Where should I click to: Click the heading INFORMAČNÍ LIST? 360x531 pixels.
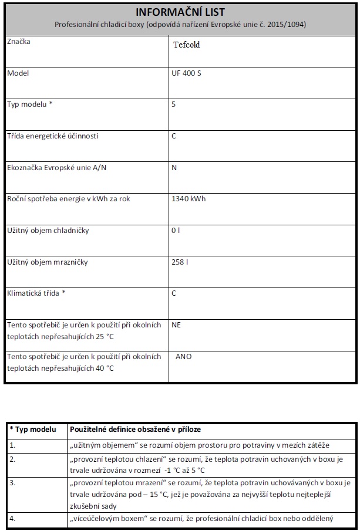click(180, 12)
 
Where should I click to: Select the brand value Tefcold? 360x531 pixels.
click(187, 45)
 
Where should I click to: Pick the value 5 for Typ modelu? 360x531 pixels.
click(174, 104)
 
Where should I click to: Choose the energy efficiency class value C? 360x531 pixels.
click(174, 136)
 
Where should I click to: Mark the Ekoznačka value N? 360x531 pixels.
click(174, 167)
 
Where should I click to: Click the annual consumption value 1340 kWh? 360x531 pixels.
click(189, 199)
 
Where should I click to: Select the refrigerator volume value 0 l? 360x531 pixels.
click(176, 231)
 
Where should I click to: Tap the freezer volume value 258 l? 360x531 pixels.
click(180, 262)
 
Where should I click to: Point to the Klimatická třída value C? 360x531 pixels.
click(174, 293)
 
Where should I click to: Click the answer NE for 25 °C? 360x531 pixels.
click(177, 324)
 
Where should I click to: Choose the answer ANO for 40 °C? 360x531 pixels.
click(183, 356)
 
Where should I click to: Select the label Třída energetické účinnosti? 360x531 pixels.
click(52, 136)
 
